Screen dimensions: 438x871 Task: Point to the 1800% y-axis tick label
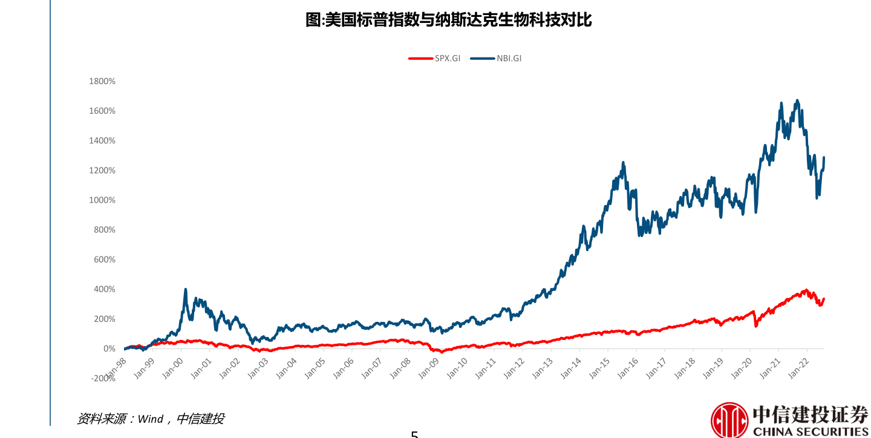[102, 81]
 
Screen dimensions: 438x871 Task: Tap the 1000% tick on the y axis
[102, 200]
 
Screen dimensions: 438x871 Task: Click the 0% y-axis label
[109, 348]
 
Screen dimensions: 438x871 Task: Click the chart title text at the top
[448, 20]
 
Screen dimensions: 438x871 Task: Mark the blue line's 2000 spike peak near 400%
[185, 290]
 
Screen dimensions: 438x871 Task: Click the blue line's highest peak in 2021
[797, 101]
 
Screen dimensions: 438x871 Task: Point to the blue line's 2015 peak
[623, 163]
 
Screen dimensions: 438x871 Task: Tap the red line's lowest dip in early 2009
[442, 351]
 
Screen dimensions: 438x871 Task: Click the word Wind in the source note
[151, 419]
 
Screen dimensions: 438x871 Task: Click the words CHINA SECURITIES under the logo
[811, 431]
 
